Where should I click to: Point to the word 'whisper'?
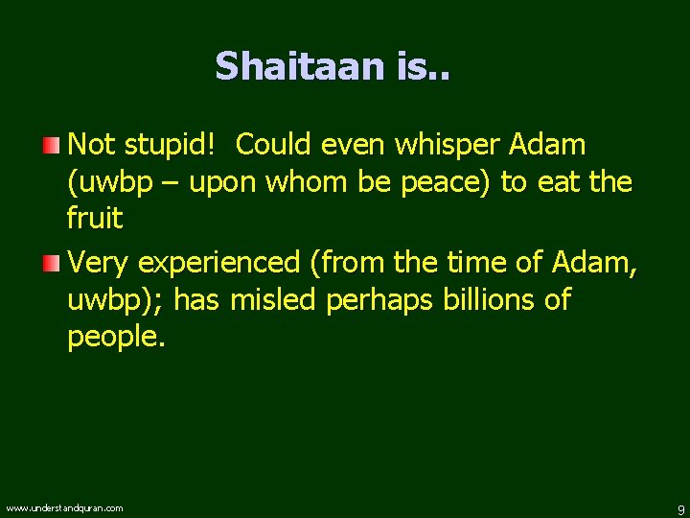coord(447,145)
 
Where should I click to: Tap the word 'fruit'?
coord(95,219)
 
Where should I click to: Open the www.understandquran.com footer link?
coord(64,507)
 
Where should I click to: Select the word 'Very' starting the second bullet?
coord(99,262)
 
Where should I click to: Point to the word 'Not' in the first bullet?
coord(92,145)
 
